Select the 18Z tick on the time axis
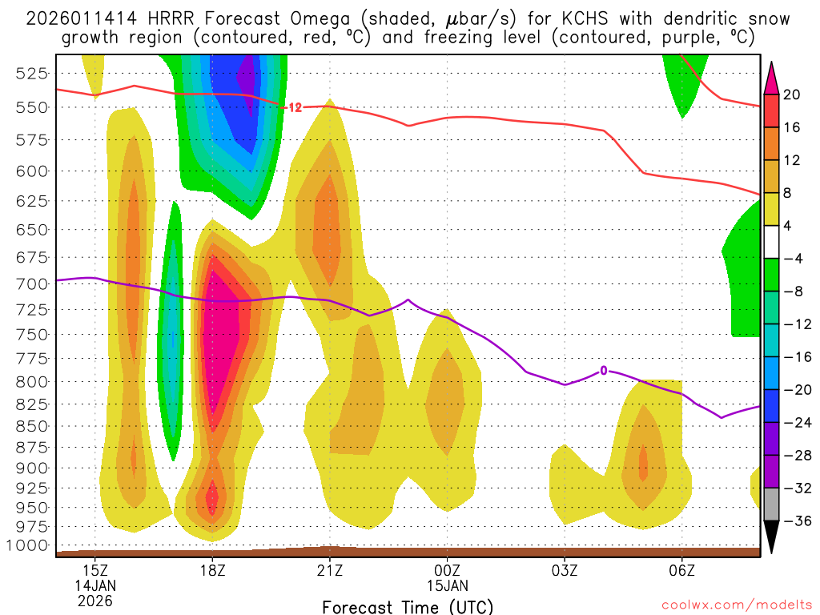tap(212, 570)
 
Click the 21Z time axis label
tap(329, 570)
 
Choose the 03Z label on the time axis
tap(565, 570)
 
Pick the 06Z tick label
tap(681, 570)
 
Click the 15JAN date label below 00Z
tap(447, 585)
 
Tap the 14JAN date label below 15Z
tap(95, 585)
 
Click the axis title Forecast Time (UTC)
tap(408, 606)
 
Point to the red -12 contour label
tap(293, 107)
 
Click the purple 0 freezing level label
tap(604, 370)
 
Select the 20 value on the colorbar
tap(792, 94)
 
